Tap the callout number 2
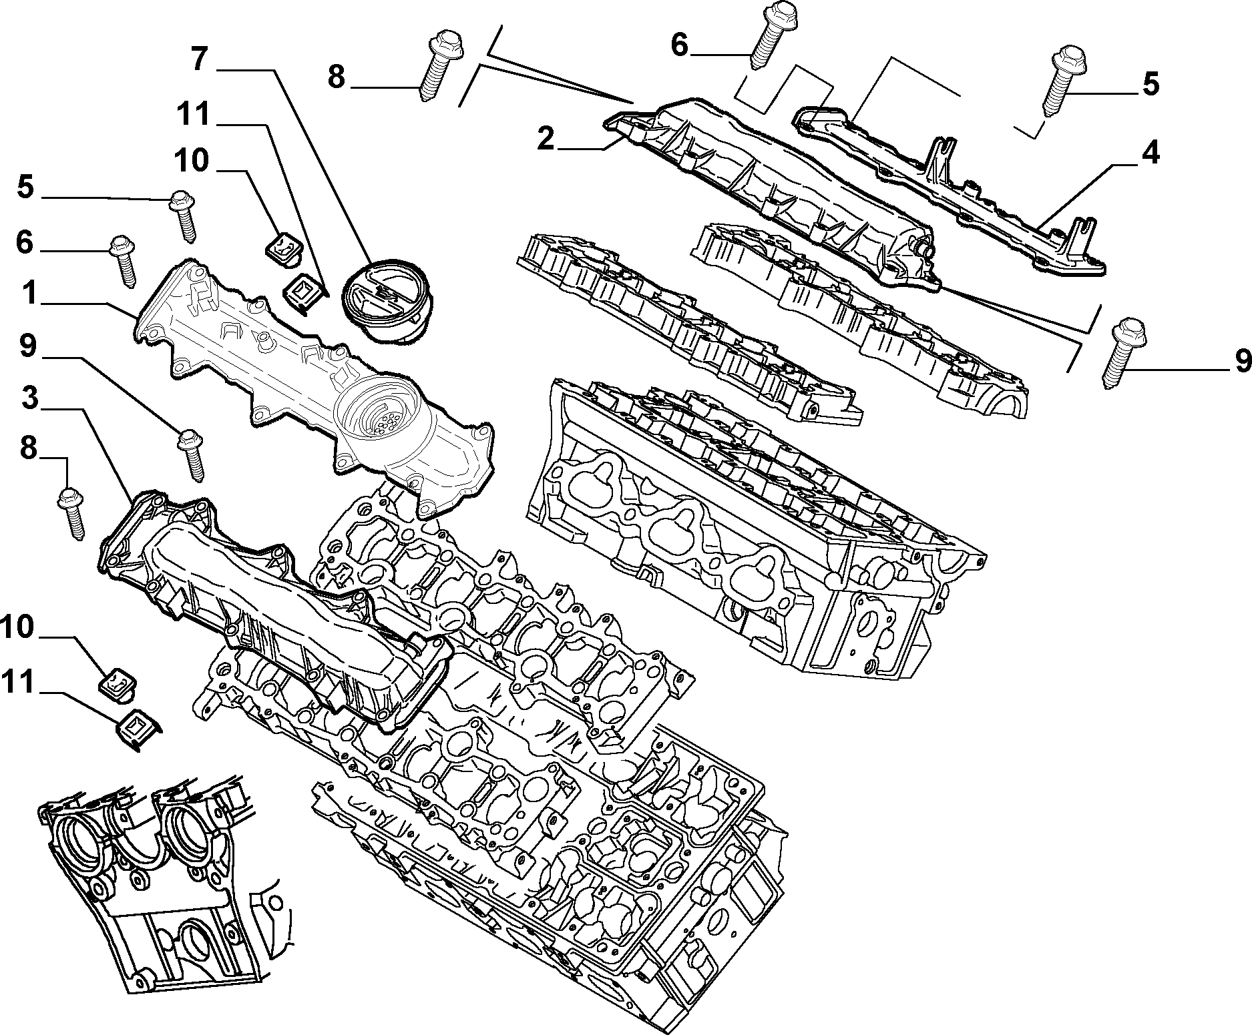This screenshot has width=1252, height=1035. tap(546, 138)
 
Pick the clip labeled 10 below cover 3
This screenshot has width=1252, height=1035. tap(118, 684)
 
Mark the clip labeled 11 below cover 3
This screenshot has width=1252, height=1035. tap(138, 729)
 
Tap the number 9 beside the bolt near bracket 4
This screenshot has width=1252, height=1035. tap(1242, 360)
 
